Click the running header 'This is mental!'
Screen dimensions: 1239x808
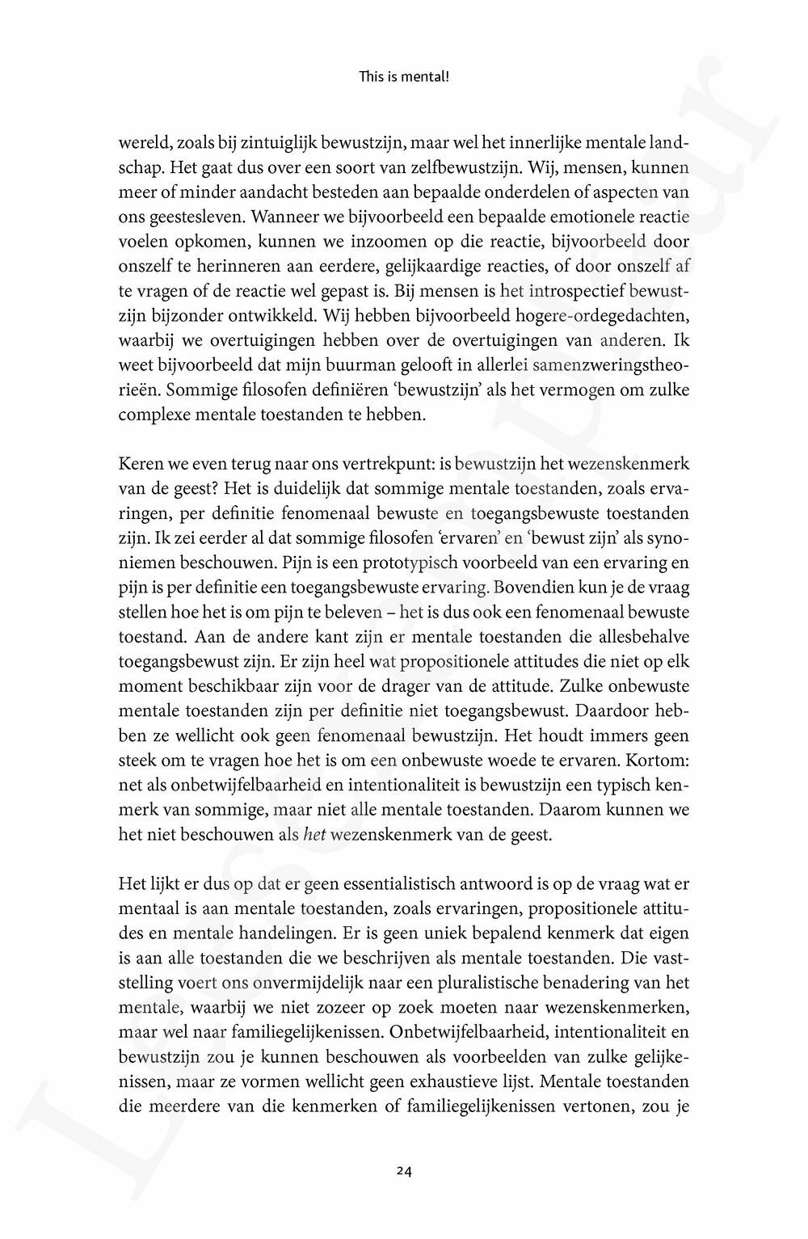point(403,78)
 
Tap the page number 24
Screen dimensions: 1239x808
point(405,1169)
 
